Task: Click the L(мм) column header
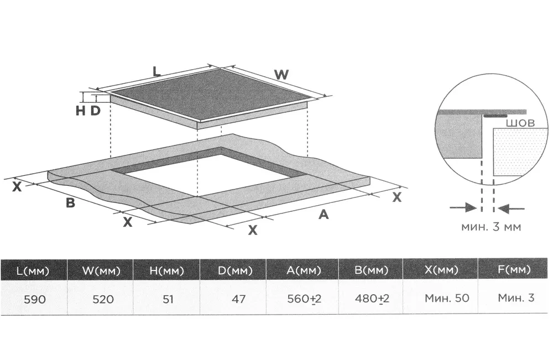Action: pyautogui.click(x=34, y=270)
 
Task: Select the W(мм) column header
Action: pyautogui.click(x=101, y=270)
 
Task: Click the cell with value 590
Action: pyautogui.click(x=34, y=299)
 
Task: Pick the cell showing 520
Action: pyautogui.click(x=103, y=299)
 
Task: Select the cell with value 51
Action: pyautogui.click(x=168, y=299)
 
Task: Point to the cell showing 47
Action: pyautogui.click(x=238, y=299)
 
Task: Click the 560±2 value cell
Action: pyautogui.click(x=304, y=299)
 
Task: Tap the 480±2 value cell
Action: pyautogui.click(x=372, y=299)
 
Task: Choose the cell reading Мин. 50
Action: pyautogui.click(x=446, y=298)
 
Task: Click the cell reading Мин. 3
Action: pyautogui.click(x=515, y=298)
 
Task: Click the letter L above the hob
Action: pyautogui.click(x=156, y=71)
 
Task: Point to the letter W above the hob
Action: pyautogui.click(x=281, y=75)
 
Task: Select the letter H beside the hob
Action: pyautogui.click(x=81, y=111)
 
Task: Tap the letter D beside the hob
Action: pyautogui.click(x=95, y=111)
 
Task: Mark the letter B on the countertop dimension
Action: pyautogui.click(x=71, y=203)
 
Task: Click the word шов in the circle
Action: pyautogui.click(x=520, y=123)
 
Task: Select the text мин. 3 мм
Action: pyautogui.click(x=491, y=226)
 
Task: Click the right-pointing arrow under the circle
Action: pyautogui.click(x=463, y=207)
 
